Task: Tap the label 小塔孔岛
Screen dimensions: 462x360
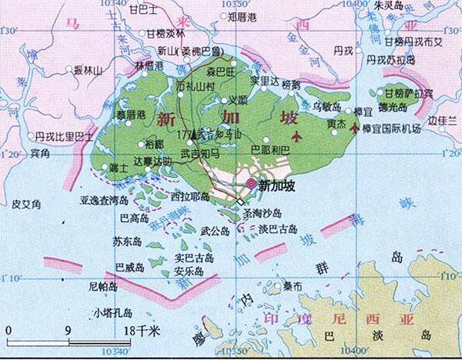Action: point(112,312)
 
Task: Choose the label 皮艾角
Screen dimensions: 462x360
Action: point(27,203)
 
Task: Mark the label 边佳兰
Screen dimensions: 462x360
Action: point(443,122)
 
